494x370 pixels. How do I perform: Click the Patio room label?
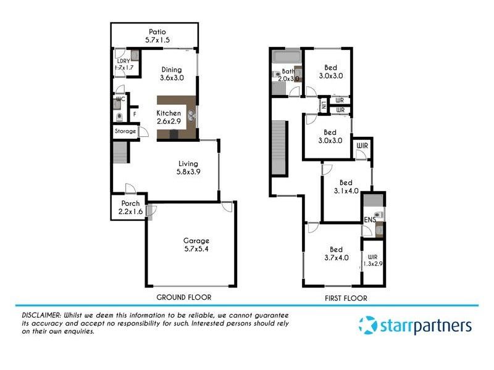click(157, 32)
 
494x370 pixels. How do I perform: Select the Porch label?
click(130, 204)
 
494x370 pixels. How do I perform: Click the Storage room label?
click(124, 131)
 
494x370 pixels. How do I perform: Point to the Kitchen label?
click(169, 113)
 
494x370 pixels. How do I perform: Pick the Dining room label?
click(172, 70)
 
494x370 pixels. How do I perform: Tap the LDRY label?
click(121, 60)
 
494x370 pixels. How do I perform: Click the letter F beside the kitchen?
click(134, 114)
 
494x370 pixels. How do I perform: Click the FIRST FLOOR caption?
click(346, 298)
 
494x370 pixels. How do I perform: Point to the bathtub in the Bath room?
click(285, 57)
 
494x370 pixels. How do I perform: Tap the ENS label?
click(370, 220)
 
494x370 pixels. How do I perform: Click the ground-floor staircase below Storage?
click(120, 152)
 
